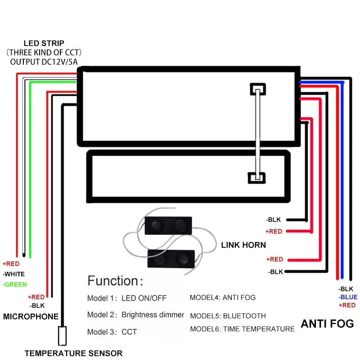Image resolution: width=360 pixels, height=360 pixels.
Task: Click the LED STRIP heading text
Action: tap(44, 43)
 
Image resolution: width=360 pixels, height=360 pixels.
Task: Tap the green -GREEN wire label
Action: tap(15, 284)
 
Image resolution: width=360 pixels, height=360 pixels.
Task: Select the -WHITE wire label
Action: tap(14, 274)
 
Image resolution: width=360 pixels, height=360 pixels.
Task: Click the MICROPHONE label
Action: tap(31, 316)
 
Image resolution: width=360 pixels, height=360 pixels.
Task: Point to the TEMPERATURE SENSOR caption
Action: tap(73, 353)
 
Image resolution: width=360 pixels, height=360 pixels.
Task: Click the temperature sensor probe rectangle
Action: tap(62, 336)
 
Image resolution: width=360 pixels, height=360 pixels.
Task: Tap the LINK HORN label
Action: tap(243, 245)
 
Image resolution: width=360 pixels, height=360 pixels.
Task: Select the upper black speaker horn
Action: tap(168, 225)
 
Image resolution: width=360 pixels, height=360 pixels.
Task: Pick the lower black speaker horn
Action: tap(171, 259)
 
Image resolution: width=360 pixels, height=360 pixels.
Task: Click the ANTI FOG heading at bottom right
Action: tap(327, 324)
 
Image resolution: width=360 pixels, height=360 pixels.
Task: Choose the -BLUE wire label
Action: tap(348, 297)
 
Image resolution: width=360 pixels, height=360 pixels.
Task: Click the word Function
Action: tap(113, 280)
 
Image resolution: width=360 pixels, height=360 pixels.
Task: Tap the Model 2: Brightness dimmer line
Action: tap(135, 315)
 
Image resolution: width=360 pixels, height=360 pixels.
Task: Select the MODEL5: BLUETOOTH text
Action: tap(228, 316)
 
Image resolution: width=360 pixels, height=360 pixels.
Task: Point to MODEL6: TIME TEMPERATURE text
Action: tap(242, 329)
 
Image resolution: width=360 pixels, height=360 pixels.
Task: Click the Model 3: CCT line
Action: tap(112, 332)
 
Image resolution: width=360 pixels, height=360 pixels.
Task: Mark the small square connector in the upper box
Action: tap(258, 89)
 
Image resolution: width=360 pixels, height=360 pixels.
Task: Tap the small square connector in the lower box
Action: tap(256, 178)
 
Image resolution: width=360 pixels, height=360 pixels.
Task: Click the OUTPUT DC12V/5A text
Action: tap(44, 62)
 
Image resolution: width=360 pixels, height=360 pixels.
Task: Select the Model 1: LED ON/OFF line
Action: tap(127, 298)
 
